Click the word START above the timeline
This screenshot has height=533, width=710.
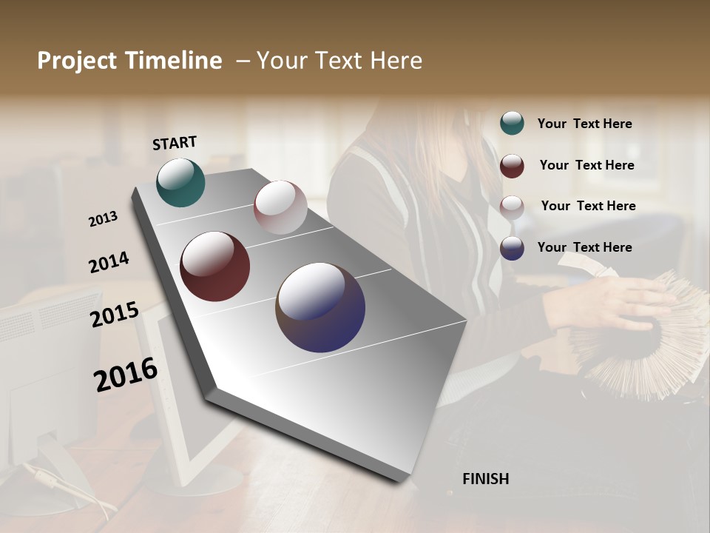(175, 143)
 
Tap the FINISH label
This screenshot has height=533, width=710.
(485, 479)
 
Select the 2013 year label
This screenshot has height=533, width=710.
(103, 219)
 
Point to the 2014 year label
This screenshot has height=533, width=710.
(109, 263)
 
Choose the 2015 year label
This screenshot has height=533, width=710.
(115, 315)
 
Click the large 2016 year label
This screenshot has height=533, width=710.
(126, 375)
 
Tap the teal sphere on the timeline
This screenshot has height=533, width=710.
(180, 182)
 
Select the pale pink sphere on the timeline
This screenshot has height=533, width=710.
(280, 207)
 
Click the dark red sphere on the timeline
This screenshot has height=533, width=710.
(214, 266)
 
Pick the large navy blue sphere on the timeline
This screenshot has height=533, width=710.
(320, 307)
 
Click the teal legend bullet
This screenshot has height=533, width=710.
(512, 124)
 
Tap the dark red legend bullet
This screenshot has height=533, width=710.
(512, 166)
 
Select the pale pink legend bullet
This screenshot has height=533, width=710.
(512, 207)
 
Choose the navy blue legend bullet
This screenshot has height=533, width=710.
(512, 248)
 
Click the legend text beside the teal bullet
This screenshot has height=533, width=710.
(584, 124)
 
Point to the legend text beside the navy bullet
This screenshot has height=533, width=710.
(584, 247)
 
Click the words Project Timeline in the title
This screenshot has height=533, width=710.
(129, 61)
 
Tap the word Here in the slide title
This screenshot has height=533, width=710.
(396, 61)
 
